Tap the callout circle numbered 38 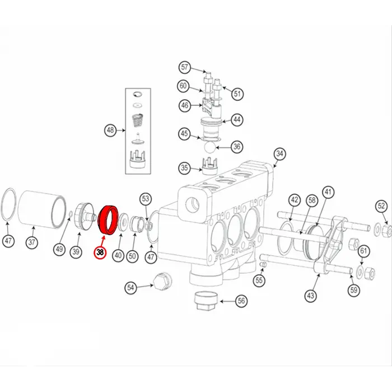100,253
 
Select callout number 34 280,154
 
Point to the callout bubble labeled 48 110,131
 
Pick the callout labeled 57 185,68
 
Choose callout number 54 130,287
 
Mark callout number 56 241,301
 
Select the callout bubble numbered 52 381,206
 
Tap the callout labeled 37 32,243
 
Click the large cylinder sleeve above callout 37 40,208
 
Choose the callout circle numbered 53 146,198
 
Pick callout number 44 237,119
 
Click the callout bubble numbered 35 184,167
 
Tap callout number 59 353,290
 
